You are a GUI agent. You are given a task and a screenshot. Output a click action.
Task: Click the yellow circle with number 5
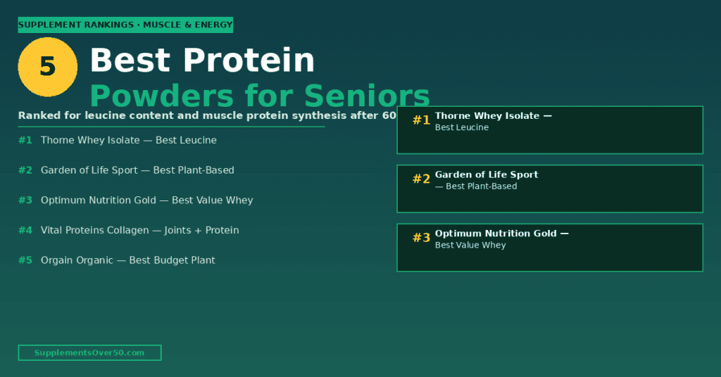(47, 67)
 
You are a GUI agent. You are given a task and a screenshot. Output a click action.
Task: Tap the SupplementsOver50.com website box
(89, 352)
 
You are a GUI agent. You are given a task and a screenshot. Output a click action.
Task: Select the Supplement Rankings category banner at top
(125, 25)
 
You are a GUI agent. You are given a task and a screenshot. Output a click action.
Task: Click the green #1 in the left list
(25, 140)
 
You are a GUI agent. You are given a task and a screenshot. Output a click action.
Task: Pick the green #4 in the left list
(25, 230)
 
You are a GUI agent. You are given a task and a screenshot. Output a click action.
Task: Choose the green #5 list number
(25, 260)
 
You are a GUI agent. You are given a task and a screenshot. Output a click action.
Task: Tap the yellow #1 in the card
(421, 120)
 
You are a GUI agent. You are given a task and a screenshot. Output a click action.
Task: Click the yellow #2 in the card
(421, 179)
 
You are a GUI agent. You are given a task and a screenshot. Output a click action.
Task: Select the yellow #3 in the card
(421, 238)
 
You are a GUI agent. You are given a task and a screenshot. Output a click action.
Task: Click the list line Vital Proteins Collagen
(139, 230)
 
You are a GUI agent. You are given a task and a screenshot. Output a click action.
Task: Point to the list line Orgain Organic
(127, 260)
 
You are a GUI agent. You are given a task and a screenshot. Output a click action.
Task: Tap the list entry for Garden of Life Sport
(137, 170)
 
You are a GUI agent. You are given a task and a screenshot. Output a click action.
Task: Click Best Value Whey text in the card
(470, 245)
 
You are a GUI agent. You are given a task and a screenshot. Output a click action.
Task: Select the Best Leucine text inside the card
(462, 128)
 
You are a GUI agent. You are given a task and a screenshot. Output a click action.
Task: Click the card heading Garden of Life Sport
(487, 174)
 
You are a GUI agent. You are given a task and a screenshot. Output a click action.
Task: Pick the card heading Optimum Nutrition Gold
(496, 234)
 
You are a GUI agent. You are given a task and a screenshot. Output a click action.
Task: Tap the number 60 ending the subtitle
(389, 115)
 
